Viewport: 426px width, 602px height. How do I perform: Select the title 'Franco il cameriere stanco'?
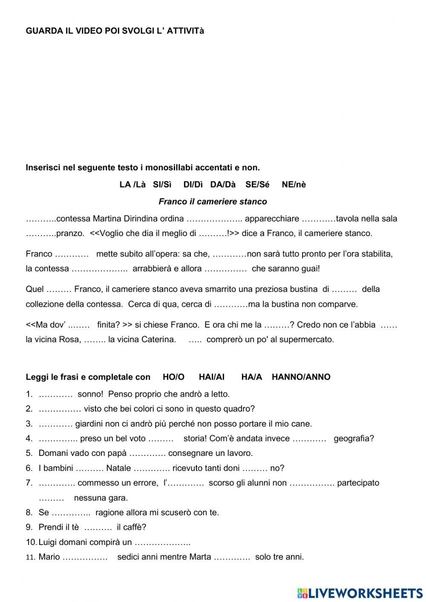click(213, 202)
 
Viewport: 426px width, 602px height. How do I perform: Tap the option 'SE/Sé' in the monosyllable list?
click(257, 184)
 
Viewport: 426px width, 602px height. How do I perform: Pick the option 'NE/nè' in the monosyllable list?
click(294, 184)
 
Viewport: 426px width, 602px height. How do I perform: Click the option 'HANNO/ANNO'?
click(301, 377)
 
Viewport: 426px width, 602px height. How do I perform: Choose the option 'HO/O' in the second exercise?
click(173, 377)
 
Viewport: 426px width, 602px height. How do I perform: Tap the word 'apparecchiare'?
click(272, 219)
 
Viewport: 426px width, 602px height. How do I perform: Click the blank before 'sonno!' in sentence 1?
click(56, 395)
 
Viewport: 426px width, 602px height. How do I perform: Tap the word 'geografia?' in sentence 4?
click(354, 438)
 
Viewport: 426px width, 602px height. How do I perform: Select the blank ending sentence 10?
click(162, 542)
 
